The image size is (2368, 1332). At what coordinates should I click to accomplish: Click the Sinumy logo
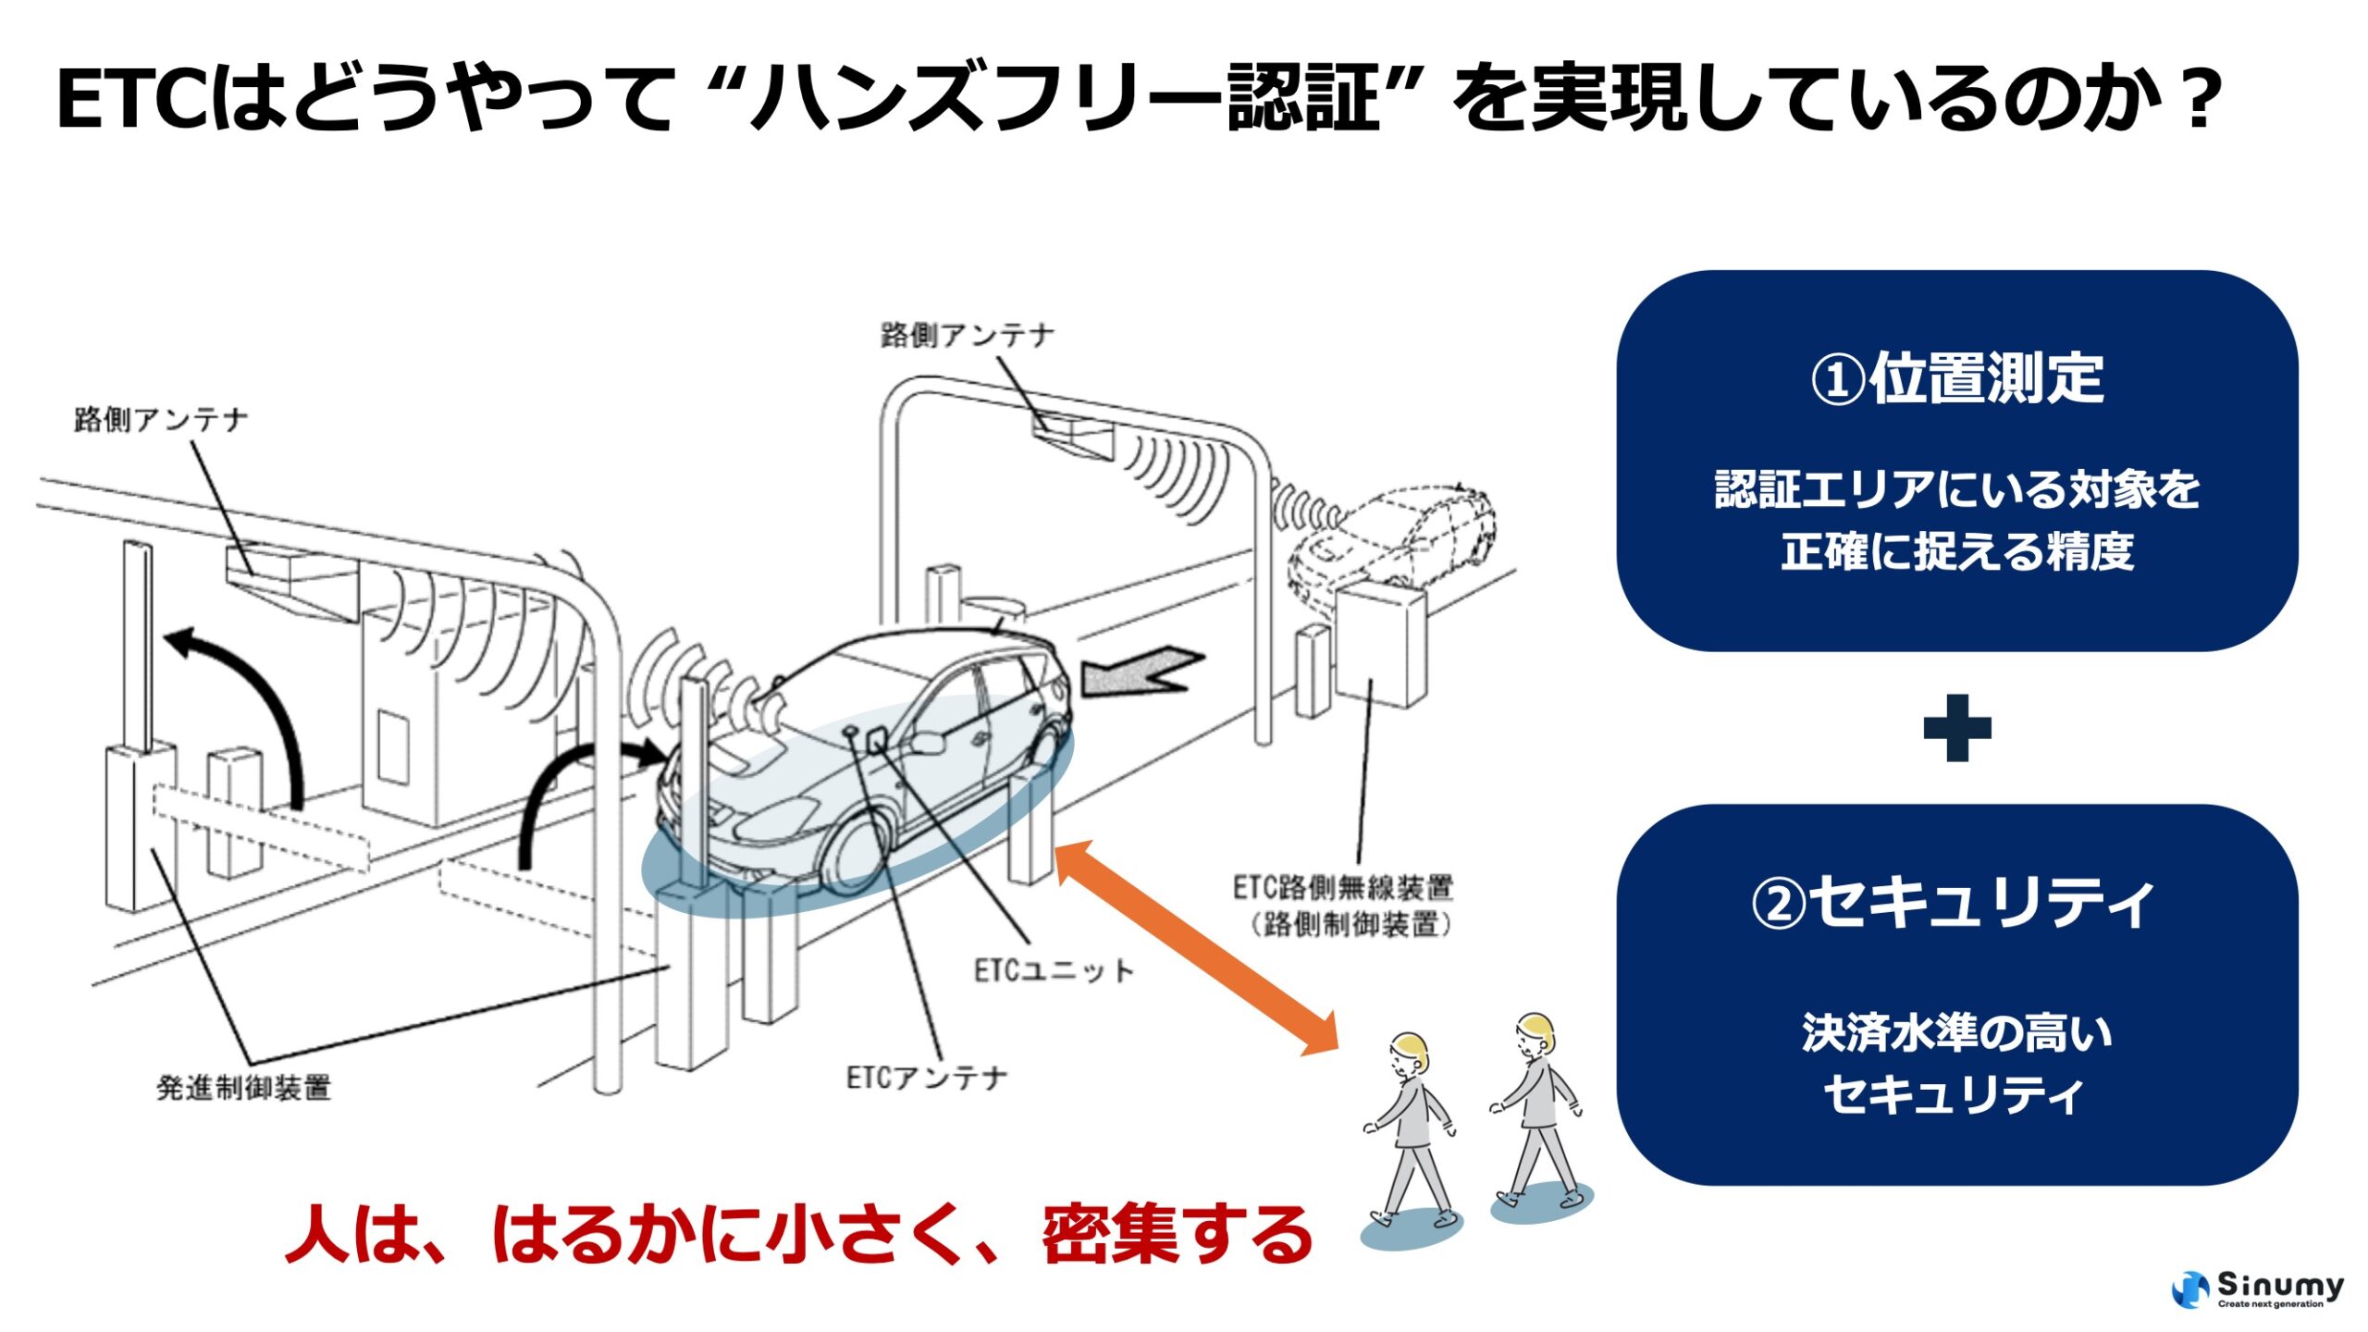pos(2257,1289)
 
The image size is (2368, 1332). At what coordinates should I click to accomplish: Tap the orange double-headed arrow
pos(1196,947)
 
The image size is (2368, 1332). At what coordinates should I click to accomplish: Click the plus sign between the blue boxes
pos(1956,728)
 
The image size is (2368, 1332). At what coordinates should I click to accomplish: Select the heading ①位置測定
pos(1956,378)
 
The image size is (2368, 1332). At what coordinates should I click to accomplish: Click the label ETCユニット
pos(1053,970)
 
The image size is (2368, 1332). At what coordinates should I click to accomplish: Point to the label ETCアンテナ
pos(926,1078)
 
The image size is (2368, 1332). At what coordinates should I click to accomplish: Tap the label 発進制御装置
pos(243,1088)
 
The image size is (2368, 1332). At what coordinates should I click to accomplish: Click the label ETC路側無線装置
pos(1342,889)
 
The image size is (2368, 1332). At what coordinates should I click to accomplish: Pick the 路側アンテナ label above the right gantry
pos(967,335)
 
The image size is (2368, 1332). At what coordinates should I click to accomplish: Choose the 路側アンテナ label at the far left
pos(161,420)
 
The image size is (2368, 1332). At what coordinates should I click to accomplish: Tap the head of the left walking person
pos(1410,1054)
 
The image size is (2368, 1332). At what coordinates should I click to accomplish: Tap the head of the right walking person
pos(1535,1035)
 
